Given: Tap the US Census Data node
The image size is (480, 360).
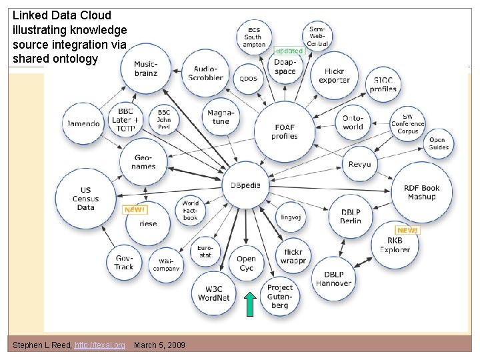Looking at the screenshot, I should click(x=85, y=198).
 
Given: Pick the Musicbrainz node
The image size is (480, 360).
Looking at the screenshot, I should click(x=145, y=69).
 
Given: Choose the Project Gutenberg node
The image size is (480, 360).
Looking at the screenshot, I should click(x=280, y=296).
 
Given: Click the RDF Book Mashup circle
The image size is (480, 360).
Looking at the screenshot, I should click(x=421, y=193).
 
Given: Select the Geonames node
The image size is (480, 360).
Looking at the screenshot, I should click(x=144, y=161).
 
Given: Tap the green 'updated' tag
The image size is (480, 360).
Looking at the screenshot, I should click(x=289, y=51).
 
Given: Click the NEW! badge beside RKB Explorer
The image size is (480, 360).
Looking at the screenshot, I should click(x=407, y=230).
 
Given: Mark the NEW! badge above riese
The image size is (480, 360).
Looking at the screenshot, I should click(x=135, y=209).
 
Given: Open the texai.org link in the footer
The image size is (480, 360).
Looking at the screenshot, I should click(x=100, y=345).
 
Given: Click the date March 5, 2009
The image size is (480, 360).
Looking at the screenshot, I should click(x=160, y=345).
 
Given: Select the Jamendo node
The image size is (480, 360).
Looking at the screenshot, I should click(x=83, y=123).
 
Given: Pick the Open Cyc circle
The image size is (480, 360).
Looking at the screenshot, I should click(x=246, y=263).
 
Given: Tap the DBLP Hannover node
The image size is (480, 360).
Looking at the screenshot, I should click(x=333, y=279).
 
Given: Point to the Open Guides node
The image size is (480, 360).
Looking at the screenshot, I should click(x=438, y=143).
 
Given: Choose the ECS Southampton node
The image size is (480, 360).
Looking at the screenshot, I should click(x=254, y=37).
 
